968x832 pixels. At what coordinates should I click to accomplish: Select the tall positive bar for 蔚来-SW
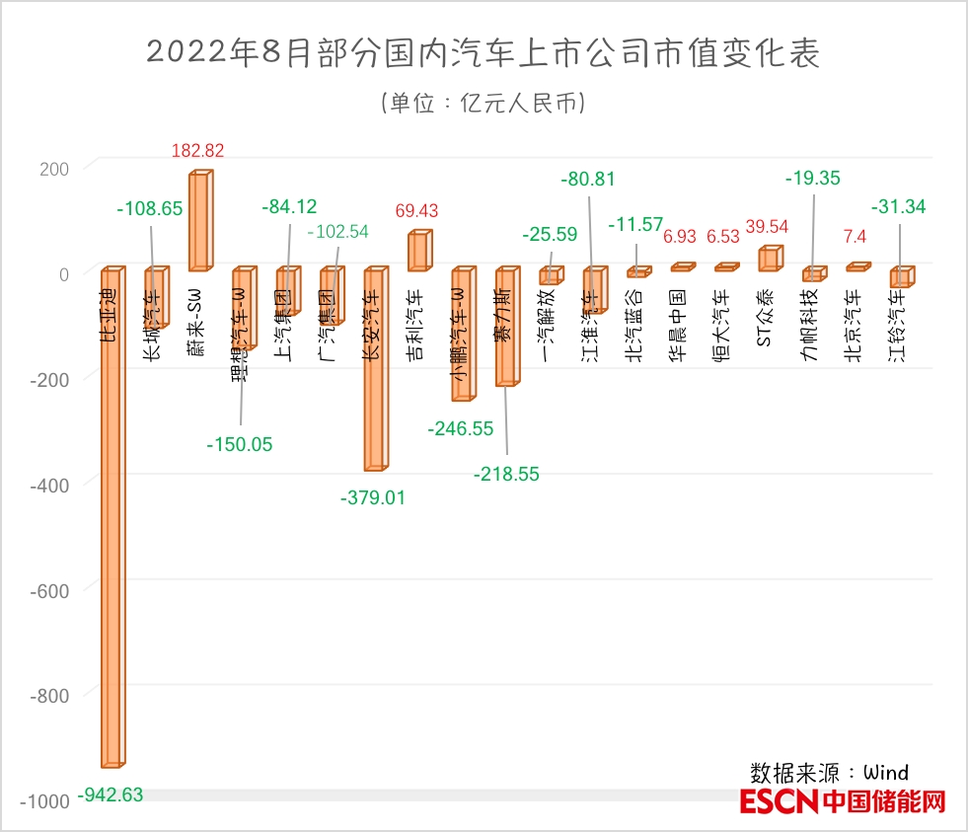click(x=199, y=221)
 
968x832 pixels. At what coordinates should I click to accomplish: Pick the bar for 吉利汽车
click(x=418, y=251)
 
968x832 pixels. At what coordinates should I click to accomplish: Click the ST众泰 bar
click(x=769, y=259)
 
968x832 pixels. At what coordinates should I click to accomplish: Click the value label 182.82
click(x=198, y=151)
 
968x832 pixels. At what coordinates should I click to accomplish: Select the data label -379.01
click(x=372, y=497)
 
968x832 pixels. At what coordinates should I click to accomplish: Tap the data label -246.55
click(x=460, y=428)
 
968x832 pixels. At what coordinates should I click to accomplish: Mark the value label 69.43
click(x=416, y=211)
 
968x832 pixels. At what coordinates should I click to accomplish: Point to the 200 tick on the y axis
click(x=54, y=168)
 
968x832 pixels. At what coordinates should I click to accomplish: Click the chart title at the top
click(x=483, y=53)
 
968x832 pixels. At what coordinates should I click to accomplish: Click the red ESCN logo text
click(x=779, y=801)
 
